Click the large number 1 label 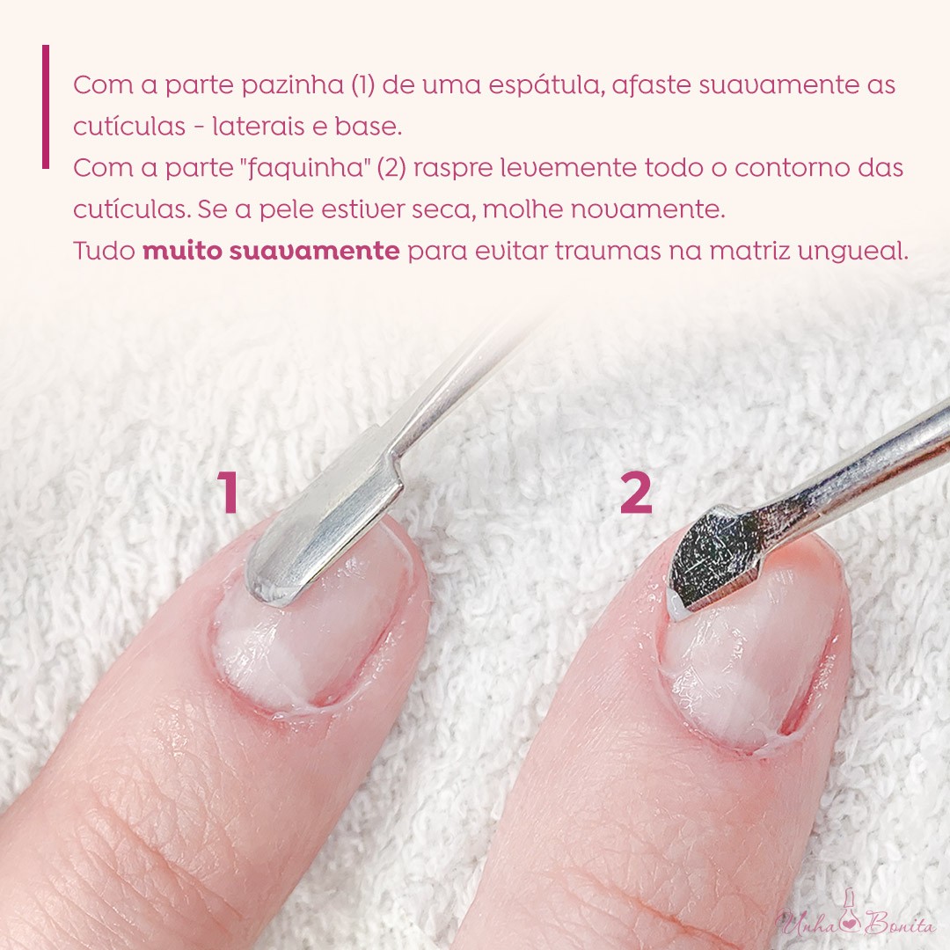click(229, 493)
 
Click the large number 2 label click(636, 493)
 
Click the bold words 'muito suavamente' click(271, 251)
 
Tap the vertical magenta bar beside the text click(46, 106)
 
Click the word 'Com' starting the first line click(95, 87)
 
